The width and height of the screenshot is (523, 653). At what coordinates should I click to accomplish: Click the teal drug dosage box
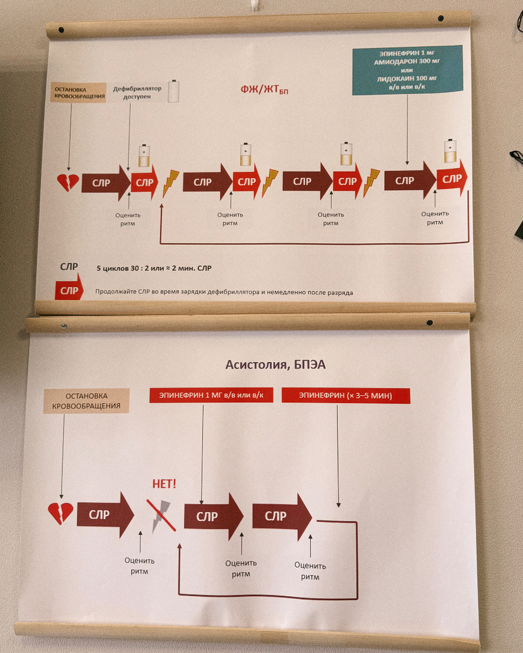coord(407,70)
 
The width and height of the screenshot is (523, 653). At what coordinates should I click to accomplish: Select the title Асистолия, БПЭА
coord(275,365)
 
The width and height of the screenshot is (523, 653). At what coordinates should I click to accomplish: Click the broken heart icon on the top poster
coord(68,183)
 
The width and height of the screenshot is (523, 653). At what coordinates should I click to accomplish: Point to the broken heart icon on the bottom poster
coord(61,513)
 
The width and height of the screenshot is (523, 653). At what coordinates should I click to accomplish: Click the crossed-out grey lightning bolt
coord(161,516)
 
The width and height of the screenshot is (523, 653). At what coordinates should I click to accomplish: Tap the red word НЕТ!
coord(164,484)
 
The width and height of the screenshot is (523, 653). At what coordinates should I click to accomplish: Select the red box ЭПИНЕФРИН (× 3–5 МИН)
coord(346,396)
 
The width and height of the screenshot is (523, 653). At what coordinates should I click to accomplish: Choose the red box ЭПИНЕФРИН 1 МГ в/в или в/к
coord(211,395)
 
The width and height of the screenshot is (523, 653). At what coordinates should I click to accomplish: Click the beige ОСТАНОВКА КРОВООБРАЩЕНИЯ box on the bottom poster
coord(86,401)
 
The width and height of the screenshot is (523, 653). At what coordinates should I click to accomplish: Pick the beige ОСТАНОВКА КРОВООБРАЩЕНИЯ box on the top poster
coord(78,93)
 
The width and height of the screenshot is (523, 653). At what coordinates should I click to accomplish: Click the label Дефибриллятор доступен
coord(137,93)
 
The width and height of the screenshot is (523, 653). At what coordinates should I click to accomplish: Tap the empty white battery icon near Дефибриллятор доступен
coord(174,91)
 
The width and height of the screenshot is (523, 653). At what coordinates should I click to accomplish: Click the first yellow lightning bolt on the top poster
coord(170,183)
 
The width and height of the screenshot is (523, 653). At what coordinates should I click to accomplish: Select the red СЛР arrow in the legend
coord(69,287)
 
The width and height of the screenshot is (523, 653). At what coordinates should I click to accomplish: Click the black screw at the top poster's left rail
coord(61,30)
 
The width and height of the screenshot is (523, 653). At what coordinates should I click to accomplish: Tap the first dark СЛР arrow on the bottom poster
coord(106,515)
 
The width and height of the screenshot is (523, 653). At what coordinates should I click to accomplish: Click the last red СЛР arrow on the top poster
coord(452,178)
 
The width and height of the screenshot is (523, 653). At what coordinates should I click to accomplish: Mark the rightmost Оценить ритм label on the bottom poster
coord(310,571)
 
